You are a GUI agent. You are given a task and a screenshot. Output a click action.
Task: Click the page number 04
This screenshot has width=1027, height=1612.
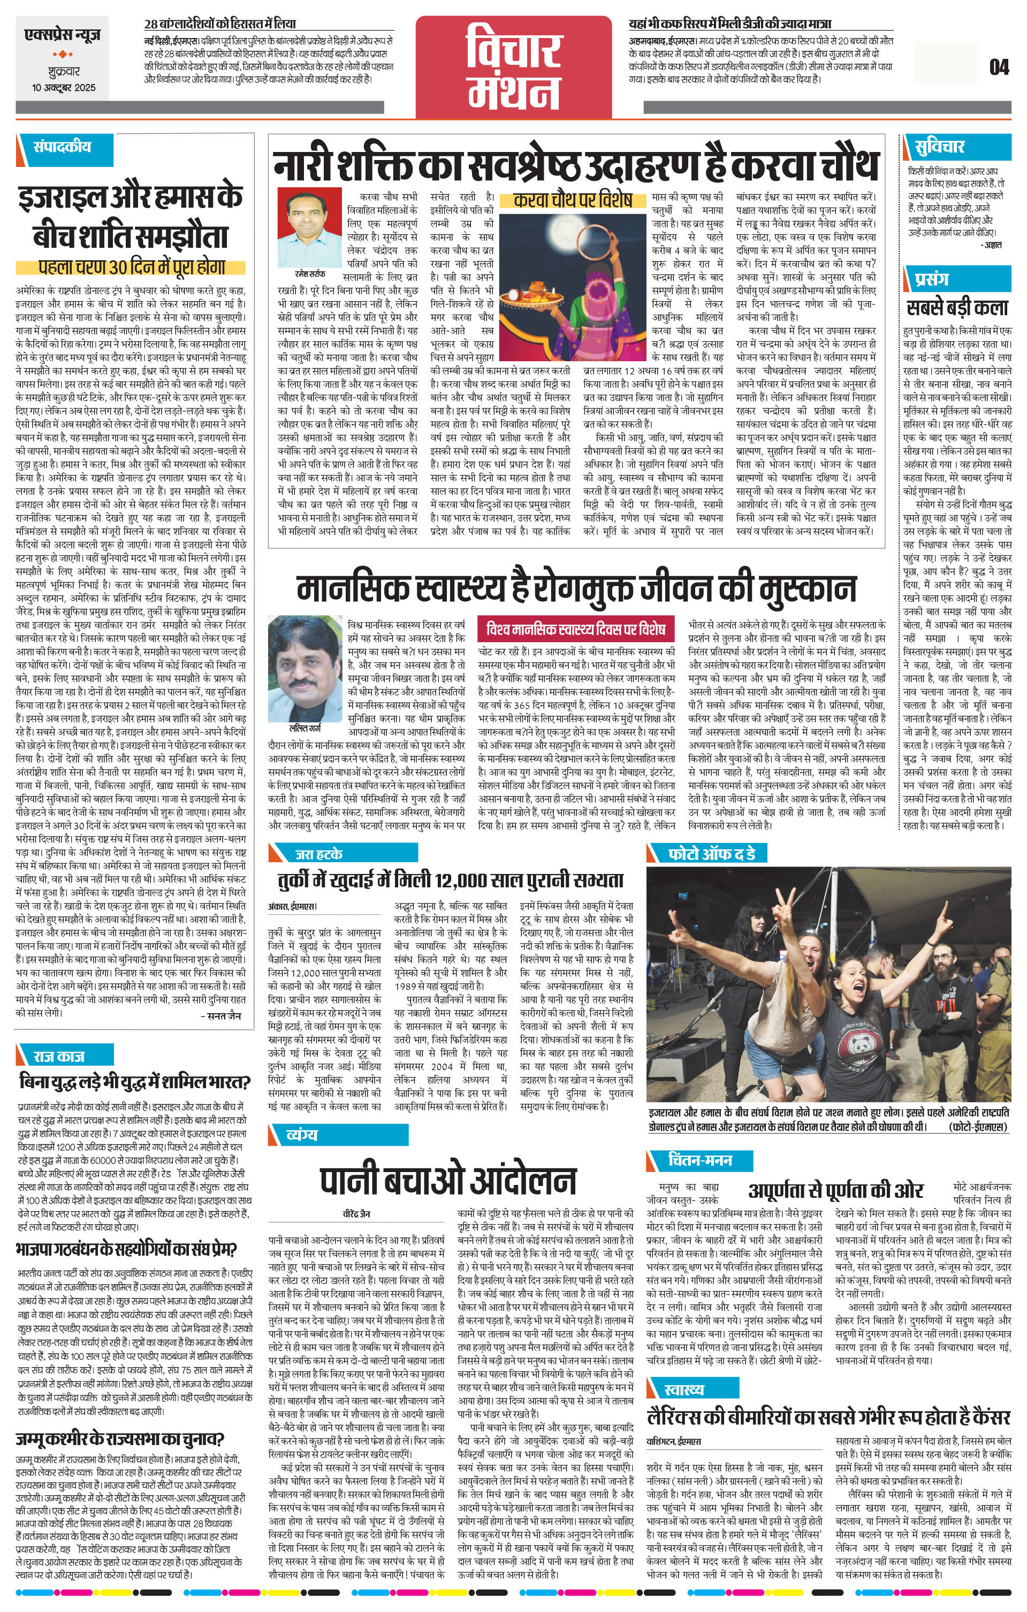point(998,67)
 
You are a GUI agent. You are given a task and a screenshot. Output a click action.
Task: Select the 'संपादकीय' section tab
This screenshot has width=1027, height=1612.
point(62,147)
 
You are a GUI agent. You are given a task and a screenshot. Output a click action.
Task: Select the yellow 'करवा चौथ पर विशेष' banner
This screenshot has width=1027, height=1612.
point(573,200)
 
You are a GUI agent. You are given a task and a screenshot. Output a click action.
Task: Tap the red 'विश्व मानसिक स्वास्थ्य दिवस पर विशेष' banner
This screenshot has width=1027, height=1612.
point(576,629)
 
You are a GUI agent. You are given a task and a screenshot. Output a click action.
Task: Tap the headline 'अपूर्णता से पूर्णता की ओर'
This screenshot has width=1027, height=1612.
point(835,1190)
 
